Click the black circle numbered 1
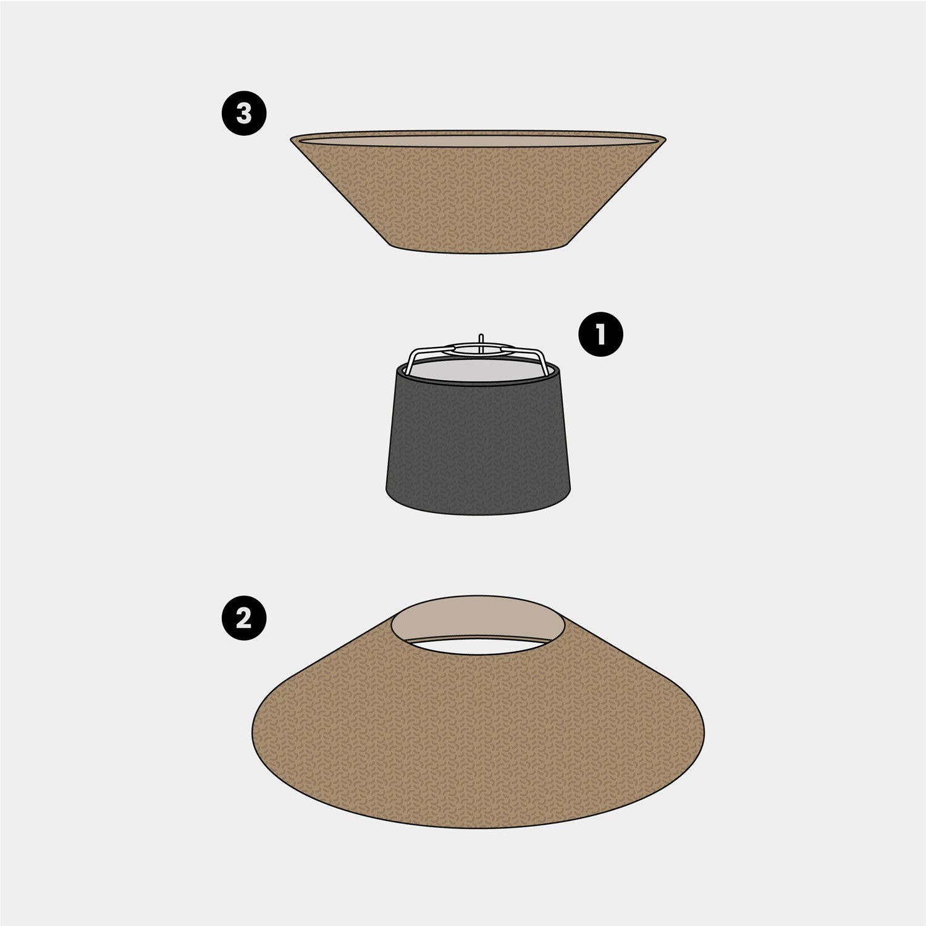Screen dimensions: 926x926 click(x=600, y=335)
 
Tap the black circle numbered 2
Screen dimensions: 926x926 click(x=244, y=618)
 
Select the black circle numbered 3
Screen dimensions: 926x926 click(x=244, y=114)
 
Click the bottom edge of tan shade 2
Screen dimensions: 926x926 click(x=479, y=828)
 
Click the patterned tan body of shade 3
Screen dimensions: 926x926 click(x=478, y=198)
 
